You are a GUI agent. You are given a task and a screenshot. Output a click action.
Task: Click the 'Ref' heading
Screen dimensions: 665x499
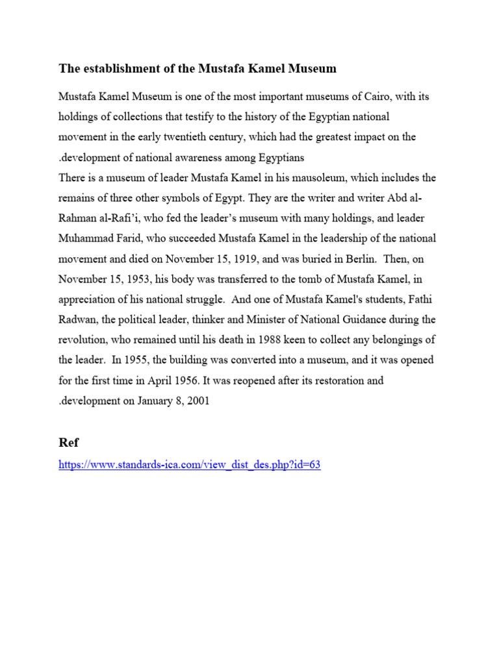pyautogui.click(x=69, y=442)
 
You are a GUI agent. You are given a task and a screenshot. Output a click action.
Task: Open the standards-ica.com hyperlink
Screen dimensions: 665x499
pyautogui.click(x=190, y=465)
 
